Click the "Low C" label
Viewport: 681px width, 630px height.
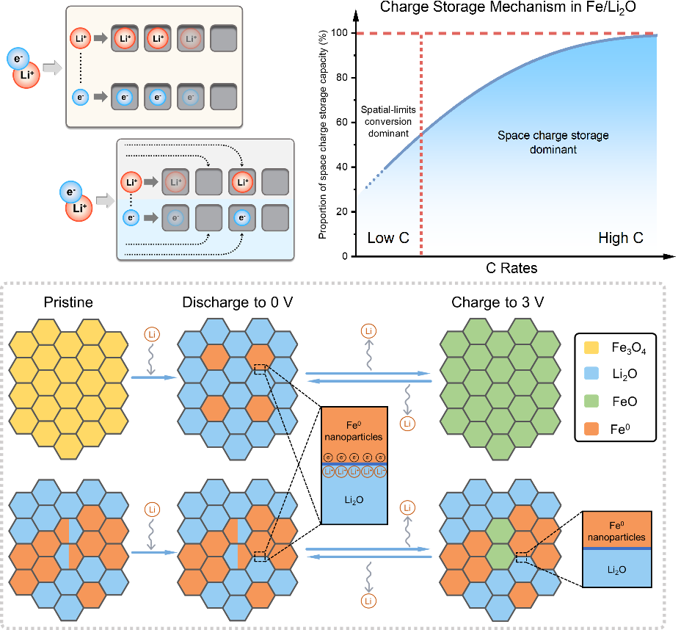coord(388,238)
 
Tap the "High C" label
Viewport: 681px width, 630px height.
coord(621,238)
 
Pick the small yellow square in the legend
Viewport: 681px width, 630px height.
coord(591,347)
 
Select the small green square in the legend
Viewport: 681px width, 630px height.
coord(591,401)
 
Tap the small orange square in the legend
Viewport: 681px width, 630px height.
coord(591,428)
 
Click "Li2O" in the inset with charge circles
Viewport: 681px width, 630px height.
coord(354,501)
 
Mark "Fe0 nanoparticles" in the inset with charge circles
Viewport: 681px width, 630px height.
coord(354,430)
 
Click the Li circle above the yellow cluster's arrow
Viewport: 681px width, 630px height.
coord(151,337)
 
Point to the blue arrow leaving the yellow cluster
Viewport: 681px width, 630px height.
coord(154,377)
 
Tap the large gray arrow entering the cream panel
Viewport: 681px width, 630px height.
coord(52,68)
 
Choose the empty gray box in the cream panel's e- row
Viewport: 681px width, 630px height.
coord(224,96)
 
